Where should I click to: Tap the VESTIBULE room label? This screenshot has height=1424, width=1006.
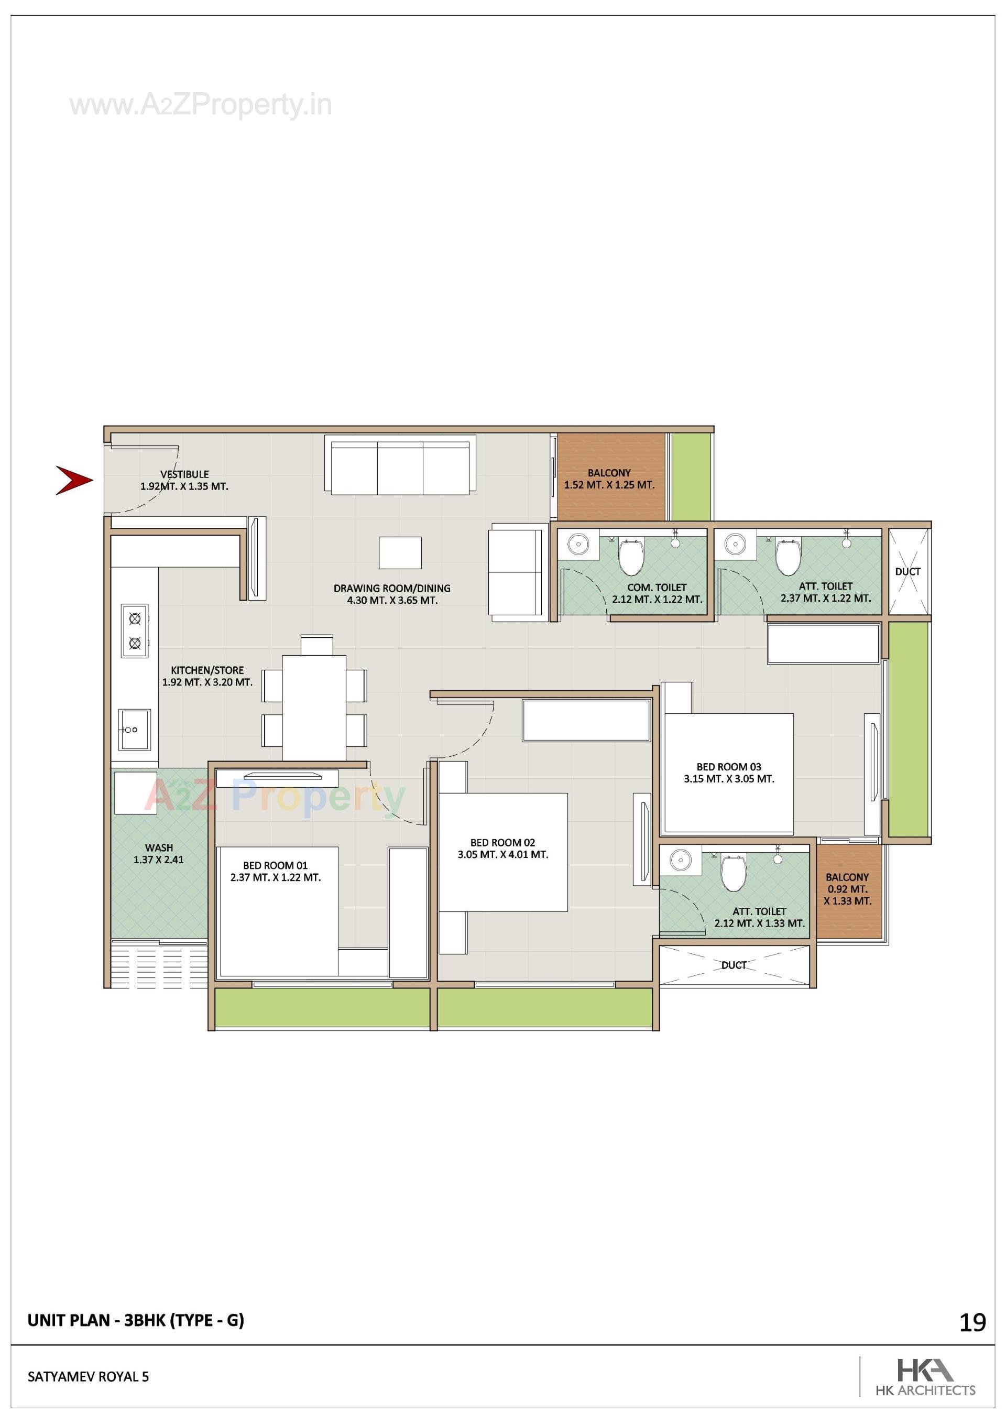click(184, 474)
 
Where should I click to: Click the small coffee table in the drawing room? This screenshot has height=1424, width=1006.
click(400, 552)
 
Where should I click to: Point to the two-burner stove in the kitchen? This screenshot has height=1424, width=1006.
click(135, 631)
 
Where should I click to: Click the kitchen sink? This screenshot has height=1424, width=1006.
click(134, 730)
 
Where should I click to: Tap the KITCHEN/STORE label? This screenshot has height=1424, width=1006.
click(207, 670)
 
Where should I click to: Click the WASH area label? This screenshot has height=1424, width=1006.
click(159, 848)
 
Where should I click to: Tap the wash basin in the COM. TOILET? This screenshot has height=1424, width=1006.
click(578, 545)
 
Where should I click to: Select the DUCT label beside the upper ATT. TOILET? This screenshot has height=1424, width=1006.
click(907, 571)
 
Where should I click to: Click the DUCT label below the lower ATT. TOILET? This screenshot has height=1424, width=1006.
click(734, 965)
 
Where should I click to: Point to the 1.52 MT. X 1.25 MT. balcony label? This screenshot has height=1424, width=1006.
click(609, 485)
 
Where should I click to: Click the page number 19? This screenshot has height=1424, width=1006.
click(972, 1323)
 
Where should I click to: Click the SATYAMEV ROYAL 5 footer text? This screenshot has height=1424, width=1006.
click(88, 1377)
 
